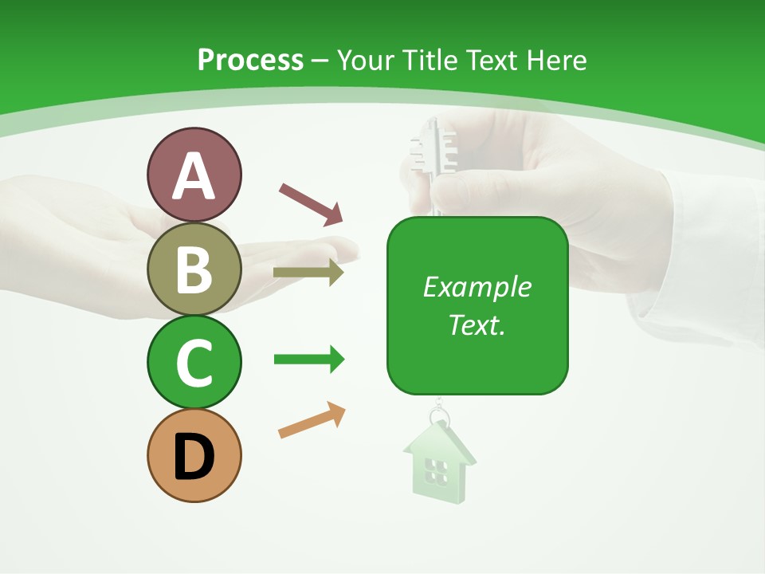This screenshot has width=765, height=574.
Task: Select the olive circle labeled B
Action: (194, 269)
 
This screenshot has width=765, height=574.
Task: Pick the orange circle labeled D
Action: (194, 455)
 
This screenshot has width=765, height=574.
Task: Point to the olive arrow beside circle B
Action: (308, 273)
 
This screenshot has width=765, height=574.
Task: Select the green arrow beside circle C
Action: (308, 360)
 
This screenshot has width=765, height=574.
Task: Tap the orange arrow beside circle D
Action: (312, 420)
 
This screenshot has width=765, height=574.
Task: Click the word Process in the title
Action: (250, 60)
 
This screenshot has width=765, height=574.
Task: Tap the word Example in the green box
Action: (477, 287)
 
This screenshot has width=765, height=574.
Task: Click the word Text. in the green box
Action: (477, 324)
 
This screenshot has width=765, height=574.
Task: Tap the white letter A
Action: (194, 177)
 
